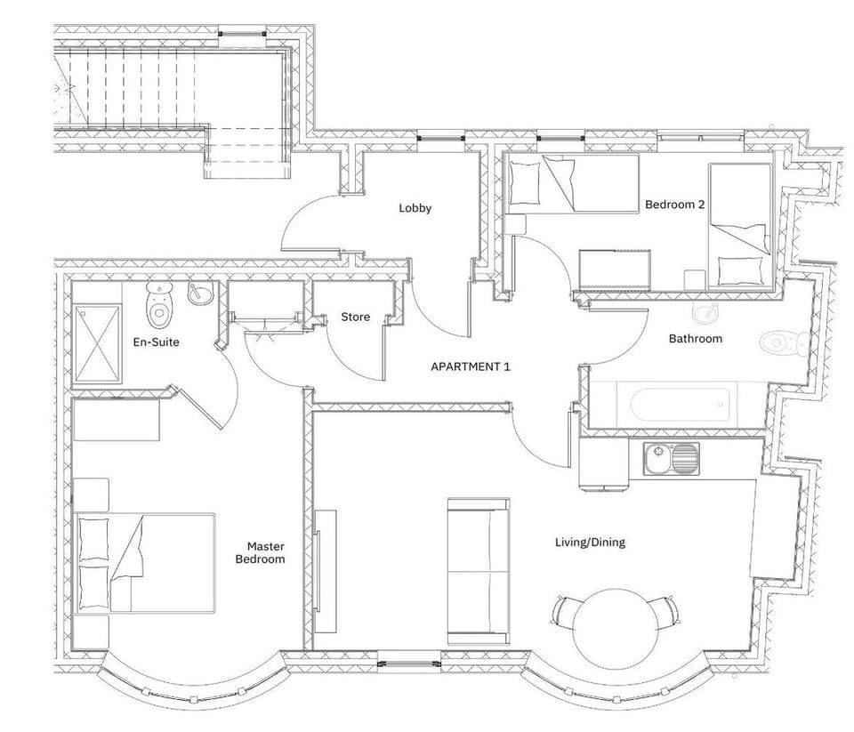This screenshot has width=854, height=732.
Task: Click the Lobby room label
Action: (x=415, y=208)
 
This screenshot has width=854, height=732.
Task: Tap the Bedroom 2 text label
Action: (x=674, y=205)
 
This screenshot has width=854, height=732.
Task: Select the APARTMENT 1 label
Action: (x=471, y=366)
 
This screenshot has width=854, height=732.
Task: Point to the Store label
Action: (x=356, y=318)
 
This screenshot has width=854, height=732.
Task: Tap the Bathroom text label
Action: (x=695, y=338)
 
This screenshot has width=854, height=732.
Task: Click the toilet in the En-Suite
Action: (x=159, y=305)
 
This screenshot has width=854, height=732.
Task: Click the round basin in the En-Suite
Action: (x=199, y=293)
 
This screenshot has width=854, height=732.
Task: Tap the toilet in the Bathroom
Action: (x=784, y=341)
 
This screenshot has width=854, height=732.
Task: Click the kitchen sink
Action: (x=671, y=459)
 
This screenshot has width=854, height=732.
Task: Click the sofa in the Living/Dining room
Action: (x=479, y=570)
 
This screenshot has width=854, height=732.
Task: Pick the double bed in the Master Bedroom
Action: (x=146, y=562)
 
